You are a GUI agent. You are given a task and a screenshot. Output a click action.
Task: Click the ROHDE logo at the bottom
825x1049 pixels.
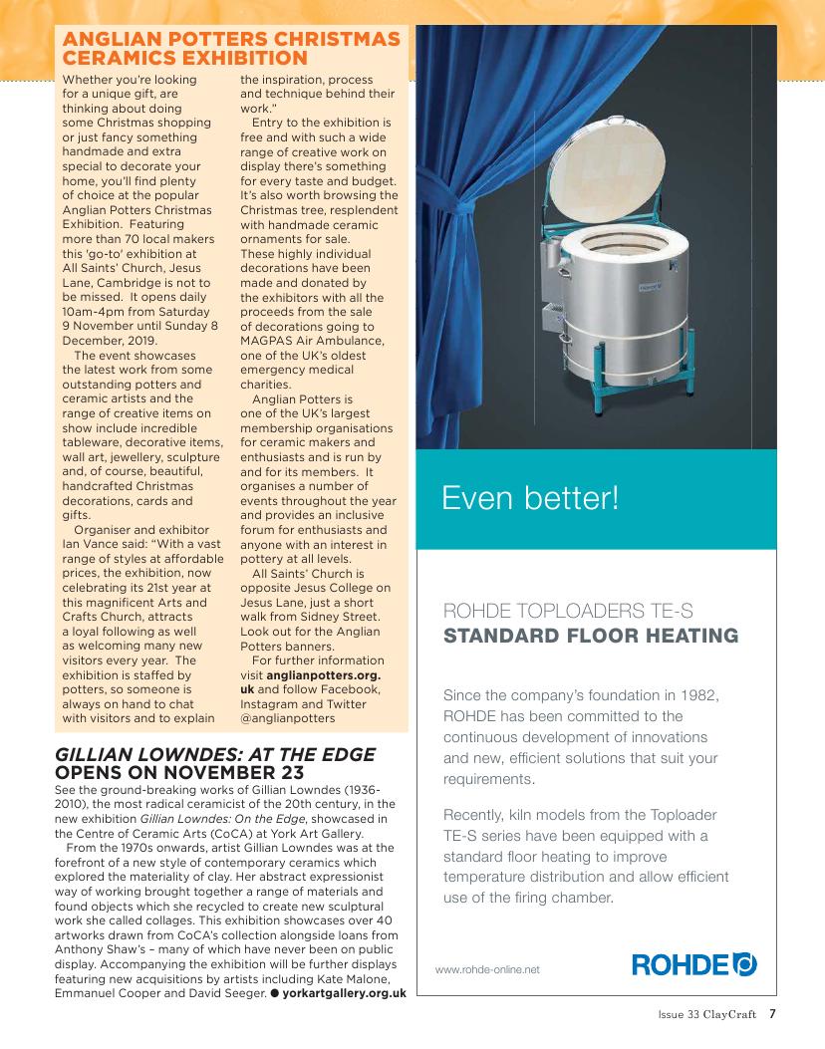point(694,965)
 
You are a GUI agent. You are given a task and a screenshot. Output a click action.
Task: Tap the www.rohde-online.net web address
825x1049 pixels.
point(487,969)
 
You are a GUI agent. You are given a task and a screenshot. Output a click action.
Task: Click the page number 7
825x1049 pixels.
point(772,1016)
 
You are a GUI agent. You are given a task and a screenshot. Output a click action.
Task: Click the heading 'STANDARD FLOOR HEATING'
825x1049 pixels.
point(590,636)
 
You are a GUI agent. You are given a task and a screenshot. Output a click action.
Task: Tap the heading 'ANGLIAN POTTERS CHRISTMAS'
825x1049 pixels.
point(231,39)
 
